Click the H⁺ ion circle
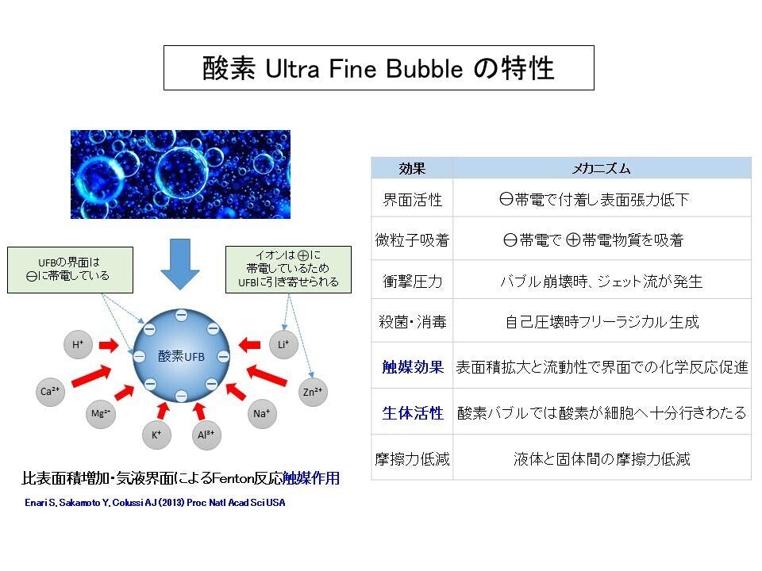(78, 345)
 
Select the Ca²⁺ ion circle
(51, 391)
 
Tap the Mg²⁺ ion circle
(101, 414)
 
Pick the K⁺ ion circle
(156, 435)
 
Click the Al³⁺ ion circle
(206, 435)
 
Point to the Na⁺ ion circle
(262, 414)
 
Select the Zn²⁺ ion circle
(313, 392)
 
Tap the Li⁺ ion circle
(284, 345)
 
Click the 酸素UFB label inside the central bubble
(181, 356)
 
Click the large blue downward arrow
(180, 264)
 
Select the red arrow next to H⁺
(109, 345)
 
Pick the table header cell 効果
(412, 168)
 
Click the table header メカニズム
(601, 168)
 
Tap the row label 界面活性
(412, 200)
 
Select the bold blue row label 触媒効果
(413, 367)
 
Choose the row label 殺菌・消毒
(412, 321)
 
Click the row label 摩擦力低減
(412, 459)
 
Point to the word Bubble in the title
(424, 68)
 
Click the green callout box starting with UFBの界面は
(70, 270)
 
